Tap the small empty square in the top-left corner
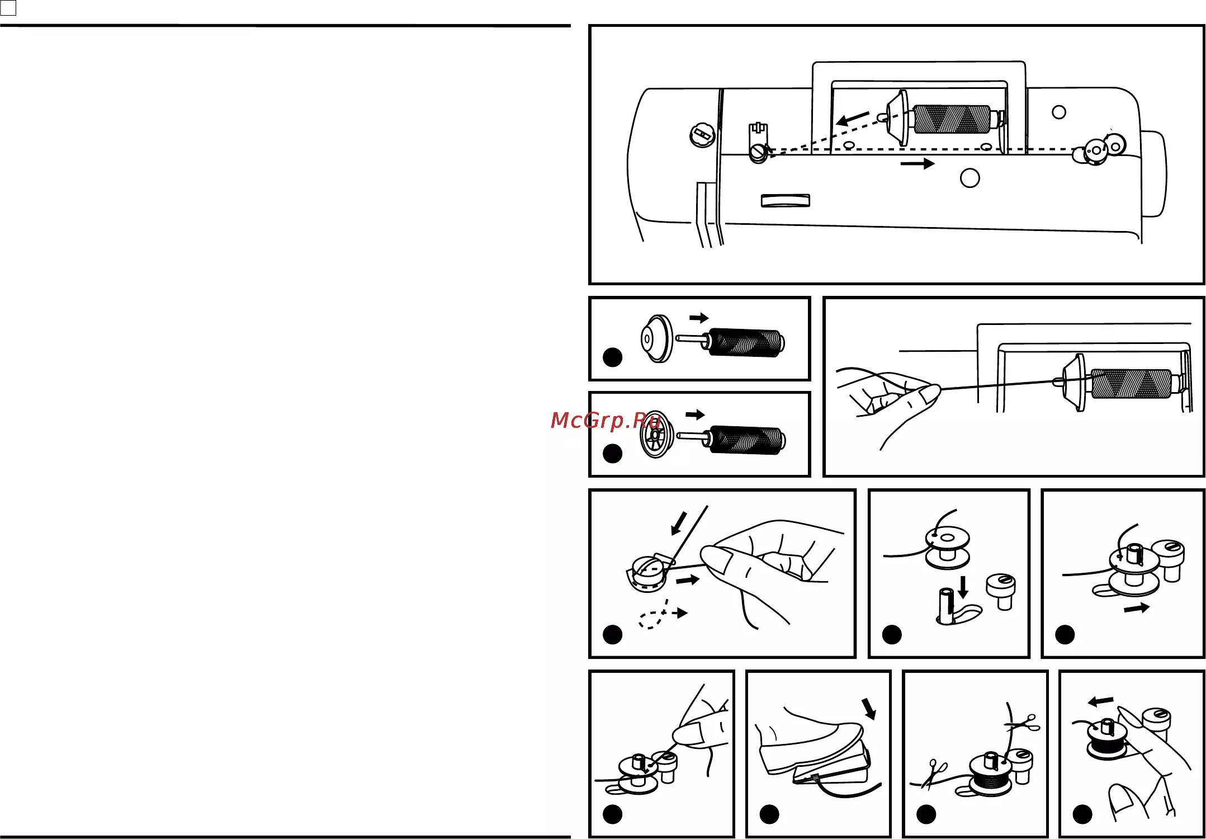tap(8, 8)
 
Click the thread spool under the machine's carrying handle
tap(951, 119)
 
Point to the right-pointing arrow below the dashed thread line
tap(917, 163)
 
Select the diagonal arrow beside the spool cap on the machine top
tap(853, 119)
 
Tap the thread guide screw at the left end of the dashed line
tap(758, 153)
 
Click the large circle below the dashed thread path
tap(969, 178)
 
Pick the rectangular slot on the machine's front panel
tap(786, 201)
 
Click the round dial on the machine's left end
tap(702, 135)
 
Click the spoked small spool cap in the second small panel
tap(656, 435)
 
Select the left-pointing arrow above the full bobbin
tap(1100, 701)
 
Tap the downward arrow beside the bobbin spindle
tap(962, 587)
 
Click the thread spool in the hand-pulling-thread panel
tap(1131, 384)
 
